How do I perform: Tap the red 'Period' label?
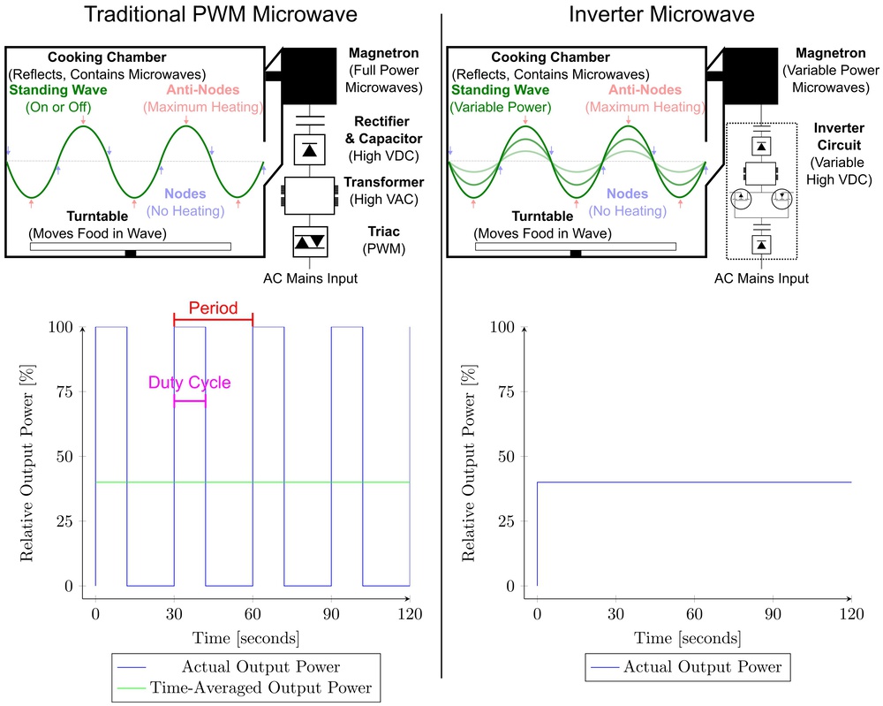click(x=213, y=308)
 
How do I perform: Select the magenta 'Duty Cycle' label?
click(x=189, y=383)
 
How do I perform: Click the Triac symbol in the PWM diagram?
click(x=309, y=241)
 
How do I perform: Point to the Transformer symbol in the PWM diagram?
click(x=309, y=195)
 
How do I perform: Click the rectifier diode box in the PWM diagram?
click(x=309, y=148)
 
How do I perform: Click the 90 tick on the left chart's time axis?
click(x=331, y=614)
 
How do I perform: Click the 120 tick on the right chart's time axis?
click(x=851, y=614)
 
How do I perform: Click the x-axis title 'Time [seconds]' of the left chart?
click(x=253, y=638)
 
